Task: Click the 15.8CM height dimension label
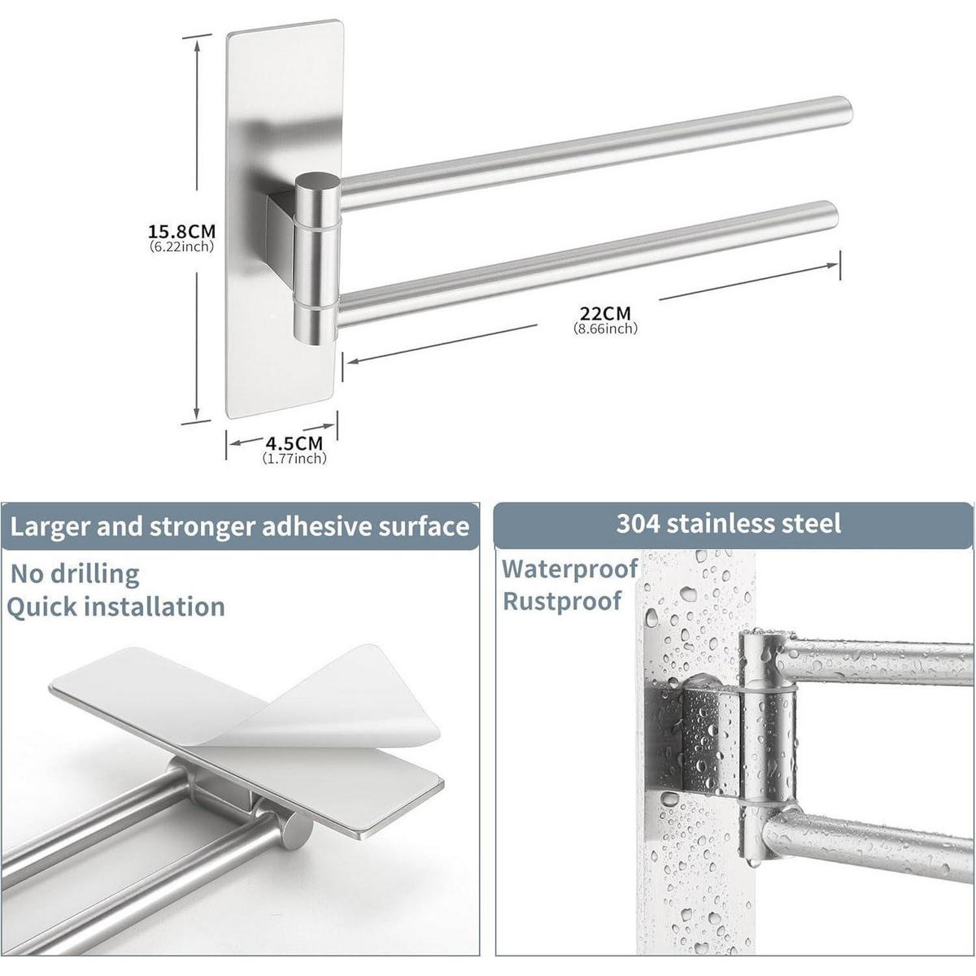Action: point(182,232)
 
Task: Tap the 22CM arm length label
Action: point(605,312)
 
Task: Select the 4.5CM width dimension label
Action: point(294,443)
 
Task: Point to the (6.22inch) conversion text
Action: point(182,246)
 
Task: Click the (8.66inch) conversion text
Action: point(605,329)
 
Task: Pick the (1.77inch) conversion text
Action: point(294,459)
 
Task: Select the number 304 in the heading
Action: point(638,524)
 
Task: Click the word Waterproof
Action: point(570,569)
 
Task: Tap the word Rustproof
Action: point(562,602)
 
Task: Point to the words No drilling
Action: point(75,574)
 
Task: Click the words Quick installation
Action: point(116,607)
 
